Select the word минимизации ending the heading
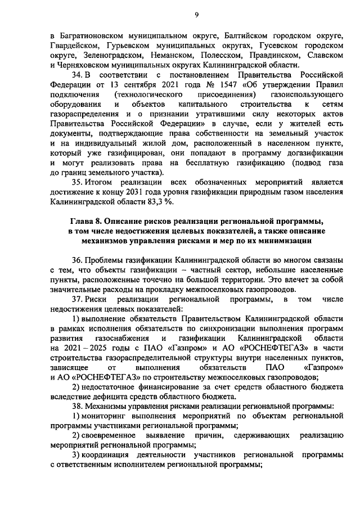(282, 241)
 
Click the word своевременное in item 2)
(114, 436)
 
